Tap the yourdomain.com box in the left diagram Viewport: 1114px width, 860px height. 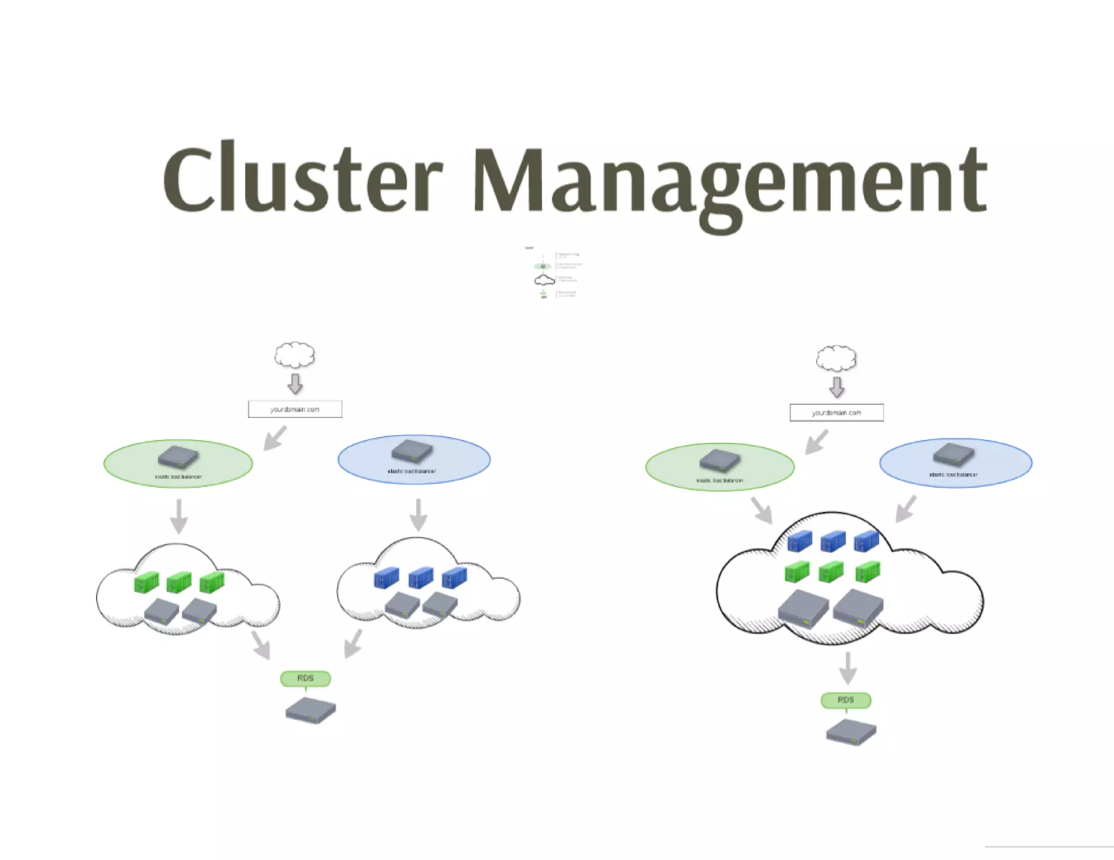coord(295,409)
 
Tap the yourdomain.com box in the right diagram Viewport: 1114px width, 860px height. coord(837,413)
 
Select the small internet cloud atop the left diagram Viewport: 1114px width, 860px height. coord(294,356)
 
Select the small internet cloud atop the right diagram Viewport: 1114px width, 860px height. coord(836,359)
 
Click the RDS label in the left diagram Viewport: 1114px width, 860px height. coord(305,678)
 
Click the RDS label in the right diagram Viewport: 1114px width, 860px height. coord(846,700)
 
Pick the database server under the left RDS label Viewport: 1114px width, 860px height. coord(311,710)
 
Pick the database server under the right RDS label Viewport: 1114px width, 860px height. coord(851,732)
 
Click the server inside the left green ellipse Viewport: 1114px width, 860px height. coord(178,458)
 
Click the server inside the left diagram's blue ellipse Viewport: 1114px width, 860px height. coord(412,451)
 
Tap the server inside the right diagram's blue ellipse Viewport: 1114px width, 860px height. coord(954,455)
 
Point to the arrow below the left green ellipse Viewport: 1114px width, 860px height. coord(179,516)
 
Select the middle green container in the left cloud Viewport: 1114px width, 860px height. coord(179,582)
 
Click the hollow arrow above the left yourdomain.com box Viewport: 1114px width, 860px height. coord(295,383)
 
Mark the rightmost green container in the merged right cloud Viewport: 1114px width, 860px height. coord(867,572)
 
